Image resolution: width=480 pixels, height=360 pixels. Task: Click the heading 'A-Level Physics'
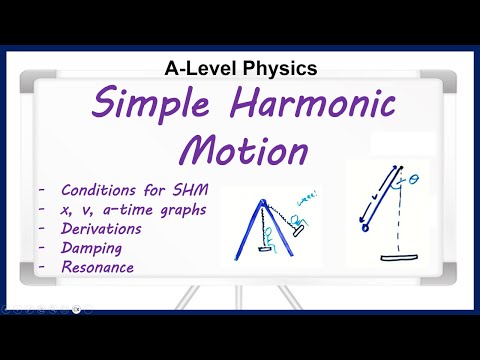coord(240,68)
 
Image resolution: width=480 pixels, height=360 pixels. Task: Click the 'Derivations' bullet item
coord(100,228)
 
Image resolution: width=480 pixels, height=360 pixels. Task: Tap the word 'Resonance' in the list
coord(97,267)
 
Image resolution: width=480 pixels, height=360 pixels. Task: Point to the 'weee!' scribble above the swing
coord(307,213)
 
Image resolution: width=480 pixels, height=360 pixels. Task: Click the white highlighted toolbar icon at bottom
coord(77,310)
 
